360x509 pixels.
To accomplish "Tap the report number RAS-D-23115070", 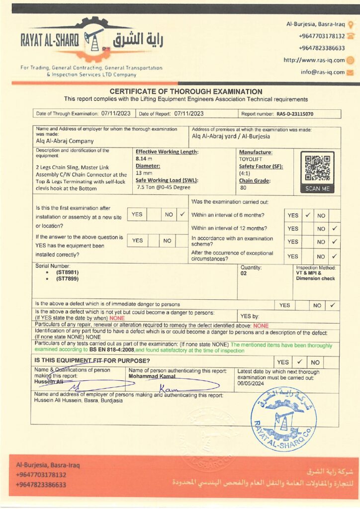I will (x=295, y=114).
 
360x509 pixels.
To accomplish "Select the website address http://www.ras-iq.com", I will (x=314, y=60).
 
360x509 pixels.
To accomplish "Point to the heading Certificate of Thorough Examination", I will (x=185, y=91).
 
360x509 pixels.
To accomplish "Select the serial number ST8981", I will (x=67, y=272).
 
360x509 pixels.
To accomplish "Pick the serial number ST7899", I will (x=67, y=278).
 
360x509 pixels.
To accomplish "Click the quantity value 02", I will (x=244, y=273).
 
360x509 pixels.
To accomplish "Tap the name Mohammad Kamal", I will (x=152, y=376).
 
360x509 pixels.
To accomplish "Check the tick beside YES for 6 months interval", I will (x=308, y=215).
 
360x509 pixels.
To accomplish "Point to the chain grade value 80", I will (x=243, y=188).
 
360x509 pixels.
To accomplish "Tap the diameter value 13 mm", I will (x=144, y=173).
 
